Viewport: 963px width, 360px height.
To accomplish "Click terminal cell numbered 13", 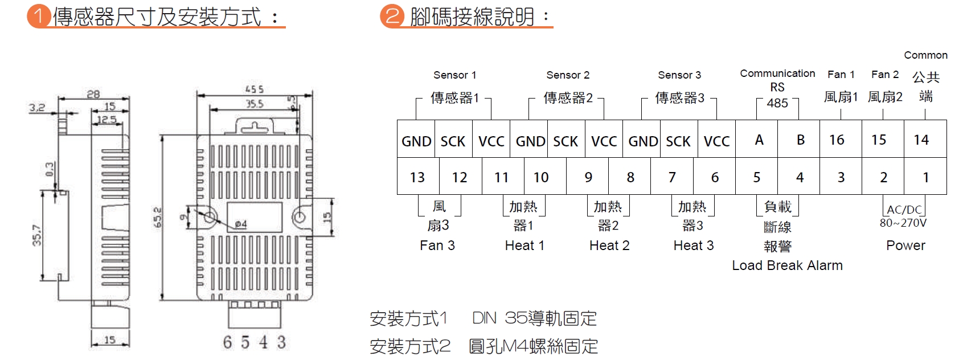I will (x=417, y=177).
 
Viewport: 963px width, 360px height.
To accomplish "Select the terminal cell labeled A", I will (x=759, y=140).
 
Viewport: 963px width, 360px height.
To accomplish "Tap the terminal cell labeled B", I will (x=800, y=140).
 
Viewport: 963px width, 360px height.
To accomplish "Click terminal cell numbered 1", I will (x=925, y=177).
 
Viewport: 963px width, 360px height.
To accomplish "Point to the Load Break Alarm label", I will (x=787, y=265).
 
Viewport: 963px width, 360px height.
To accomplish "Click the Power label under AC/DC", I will (x=905, y=246).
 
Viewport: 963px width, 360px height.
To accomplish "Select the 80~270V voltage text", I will (x=903, y=223).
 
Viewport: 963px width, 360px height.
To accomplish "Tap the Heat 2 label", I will (x=609, y=246).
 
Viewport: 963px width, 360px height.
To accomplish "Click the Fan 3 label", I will (x=437, y=246).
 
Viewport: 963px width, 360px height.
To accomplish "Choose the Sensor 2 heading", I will (x=568, y=75).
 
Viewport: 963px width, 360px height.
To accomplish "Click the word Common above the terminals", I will (x=925, y=55).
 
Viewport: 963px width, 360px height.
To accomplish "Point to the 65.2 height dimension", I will (x=158, y=218).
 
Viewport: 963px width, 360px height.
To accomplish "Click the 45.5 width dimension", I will (x=254, y=89).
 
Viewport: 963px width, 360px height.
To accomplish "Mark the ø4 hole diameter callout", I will (x=240, y=224).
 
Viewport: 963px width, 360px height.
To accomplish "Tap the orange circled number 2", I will (x=391, y=16).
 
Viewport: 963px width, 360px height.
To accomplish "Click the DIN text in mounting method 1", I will (x=484, y=318).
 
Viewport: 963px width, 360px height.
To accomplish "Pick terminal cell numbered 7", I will (x=672, y=177).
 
